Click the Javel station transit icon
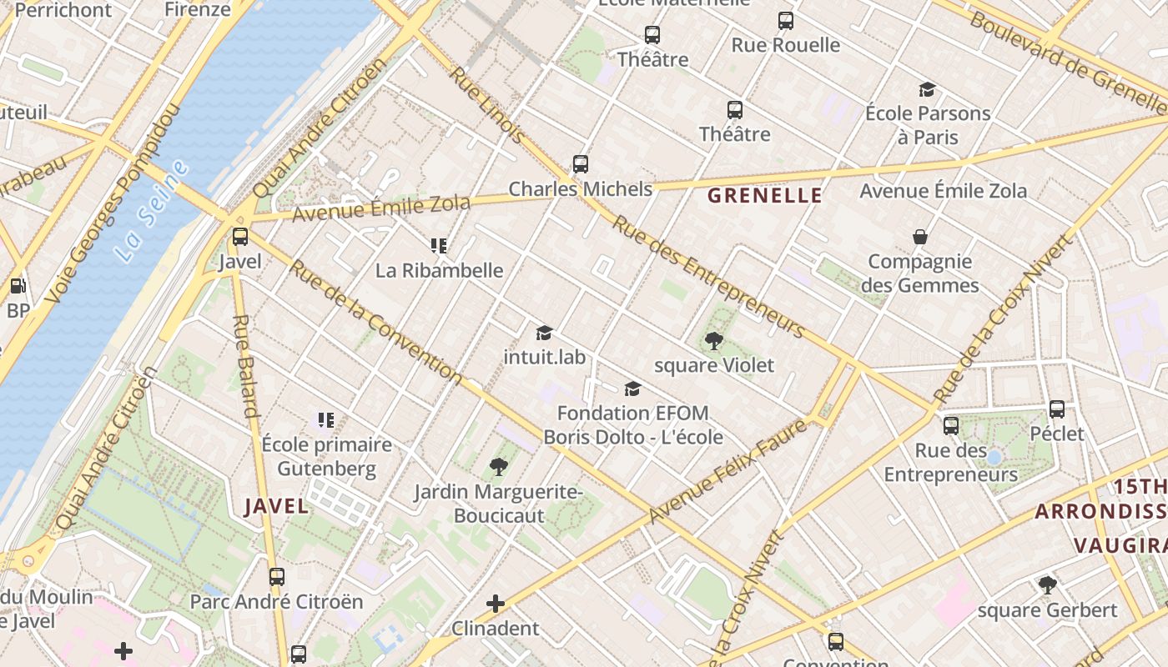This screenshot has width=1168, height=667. (240, 237)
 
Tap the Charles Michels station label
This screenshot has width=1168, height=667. (581, 189)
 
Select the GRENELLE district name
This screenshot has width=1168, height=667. (765, 196)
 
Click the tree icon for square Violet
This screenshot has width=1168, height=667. (713, 340)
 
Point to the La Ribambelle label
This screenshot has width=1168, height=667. (439, 270)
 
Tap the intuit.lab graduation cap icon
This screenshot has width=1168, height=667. (545, 333)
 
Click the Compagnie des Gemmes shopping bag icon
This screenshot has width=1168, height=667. (920, 238)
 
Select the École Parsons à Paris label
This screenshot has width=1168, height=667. (928, 125)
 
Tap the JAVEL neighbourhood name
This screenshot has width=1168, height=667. (276, 506)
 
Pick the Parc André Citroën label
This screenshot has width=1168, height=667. (276, 601)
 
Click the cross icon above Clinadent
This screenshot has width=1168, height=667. (496, 603)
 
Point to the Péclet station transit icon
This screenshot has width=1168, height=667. (1057, 409)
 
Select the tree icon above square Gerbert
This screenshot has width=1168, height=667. (1048, 585)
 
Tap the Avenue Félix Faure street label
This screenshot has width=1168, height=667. (727, 471)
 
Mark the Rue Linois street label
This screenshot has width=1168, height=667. (488, 104)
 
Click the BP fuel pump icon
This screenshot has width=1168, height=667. (18, 287)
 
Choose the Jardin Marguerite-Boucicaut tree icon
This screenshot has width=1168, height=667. (499, 467)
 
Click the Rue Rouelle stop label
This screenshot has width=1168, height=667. (785, 45)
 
